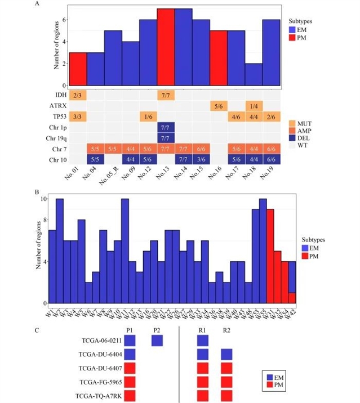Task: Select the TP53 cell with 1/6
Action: click(149, 117)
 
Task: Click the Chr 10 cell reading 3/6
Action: click(201, 160)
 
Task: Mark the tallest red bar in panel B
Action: click(270, 256)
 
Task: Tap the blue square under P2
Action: click(157, 340)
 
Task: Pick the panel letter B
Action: click(38, 191)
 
